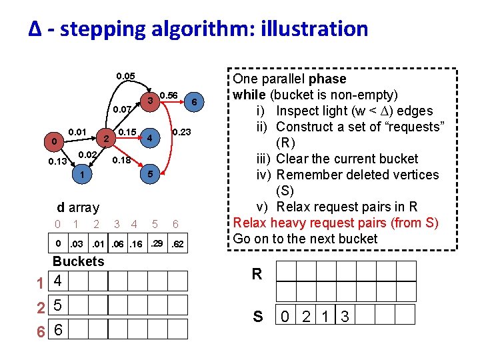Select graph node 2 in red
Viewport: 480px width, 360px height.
click(105, 139)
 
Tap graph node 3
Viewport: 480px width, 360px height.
click(151, 101)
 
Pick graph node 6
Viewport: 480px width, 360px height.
click(193, 102)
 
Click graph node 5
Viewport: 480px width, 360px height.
click(151, 174)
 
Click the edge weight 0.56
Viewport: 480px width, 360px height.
click(168, 95)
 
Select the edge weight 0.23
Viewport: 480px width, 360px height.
click(181, 133)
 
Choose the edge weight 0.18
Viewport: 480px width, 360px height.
click(121, 161)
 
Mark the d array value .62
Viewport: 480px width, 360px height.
click(178, 244)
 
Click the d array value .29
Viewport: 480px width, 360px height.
click(157, 243)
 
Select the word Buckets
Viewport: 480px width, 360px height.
click(78, 261)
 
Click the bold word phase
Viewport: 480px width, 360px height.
click(327, 79)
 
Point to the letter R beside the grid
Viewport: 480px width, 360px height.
click(257, 274)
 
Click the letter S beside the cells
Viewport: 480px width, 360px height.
click(257, 317)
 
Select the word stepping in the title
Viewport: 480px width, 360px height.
click(100, 29)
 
